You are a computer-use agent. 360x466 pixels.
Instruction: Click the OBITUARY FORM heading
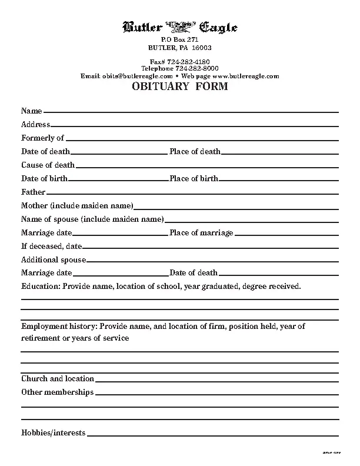coord(179,87)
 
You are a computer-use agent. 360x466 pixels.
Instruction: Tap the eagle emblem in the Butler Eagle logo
coord(179,27)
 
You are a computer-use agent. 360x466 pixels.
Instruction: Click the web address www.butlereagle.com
coord(245,76)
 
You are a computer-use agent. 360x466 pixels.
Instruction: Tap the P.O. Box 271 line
coord(179,39)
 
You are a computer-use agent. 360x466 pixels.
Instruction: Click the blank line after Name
coord(191,111)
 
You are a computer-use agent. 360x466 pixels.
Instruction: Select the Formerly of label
coord(42,138)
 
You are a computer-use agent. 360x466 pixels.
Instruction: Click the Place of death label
coord(195,152)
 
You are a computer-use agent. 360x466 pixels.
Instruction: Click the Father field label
coord(33,192)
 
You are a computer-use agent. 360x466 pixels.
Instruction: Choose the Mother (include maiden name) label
coord(77,206)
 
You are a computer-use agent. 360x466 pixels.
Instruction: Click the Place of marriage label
coord(201,233)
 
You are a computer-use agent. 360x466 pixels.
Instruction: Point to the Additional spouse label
coord(54,260)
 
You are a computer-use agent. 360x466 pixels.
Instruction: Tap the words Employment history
coord(59,326)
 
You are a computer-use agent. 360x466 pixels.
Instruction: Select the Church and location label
coord(58,379)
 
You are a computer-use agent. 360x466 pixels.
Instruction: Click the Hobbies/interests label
coord(53,433)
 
